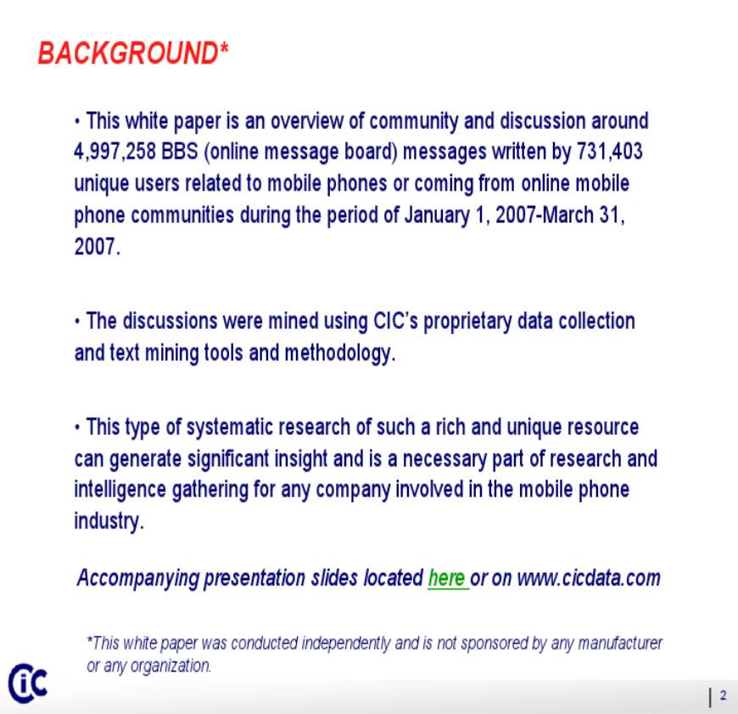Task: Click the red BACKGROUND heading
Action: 132,53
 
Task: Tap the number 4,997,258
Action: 115,152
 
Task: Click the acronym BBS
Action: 180,152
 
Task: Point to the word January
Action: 437,215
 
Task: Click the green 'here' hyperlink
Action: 446,578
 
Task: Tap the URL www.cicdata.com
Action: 589,578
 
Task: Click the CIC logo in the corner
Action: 28,683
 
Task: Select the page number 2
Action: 723,695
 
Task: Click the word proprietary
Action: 467,321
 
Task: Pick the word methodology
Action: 340,354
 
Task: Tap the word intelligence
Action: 120,490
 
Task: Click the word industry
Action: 109,522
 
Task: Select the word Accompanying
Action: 138,578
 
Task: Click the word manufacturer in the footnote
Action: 620,643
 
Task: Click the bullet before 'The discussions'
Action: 77,322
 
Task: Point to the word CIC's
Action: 395,321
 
